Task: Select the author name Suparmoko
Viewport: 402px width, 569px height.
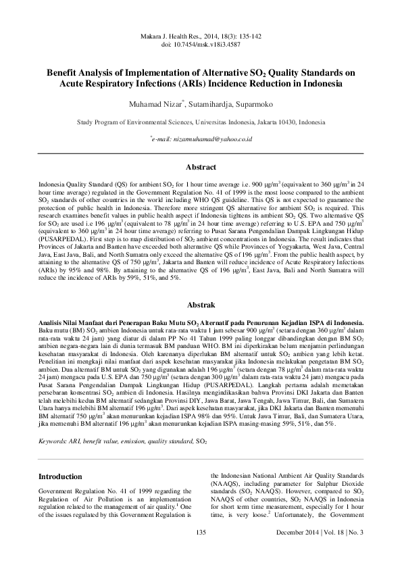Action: coord(254,105)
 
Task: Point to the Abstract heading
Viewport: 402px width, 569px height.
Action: coord(201,167)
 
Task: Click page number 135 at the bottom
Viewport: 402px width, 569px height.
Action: coord(200,552)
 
